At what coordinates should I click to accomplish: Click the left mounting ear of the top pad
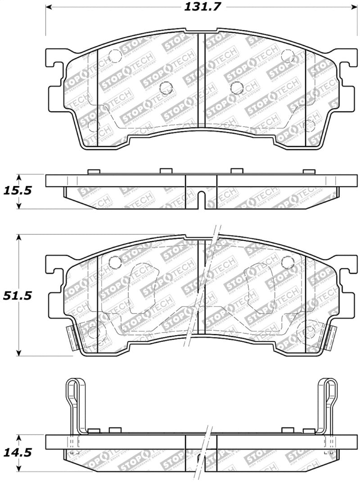54,68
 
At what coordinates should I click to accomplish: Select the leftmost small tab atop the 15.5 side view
93,171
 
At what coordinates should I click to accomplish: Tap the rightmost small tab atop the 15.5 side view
308,171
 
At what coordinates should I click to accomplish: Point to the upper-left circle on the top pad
115,56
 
